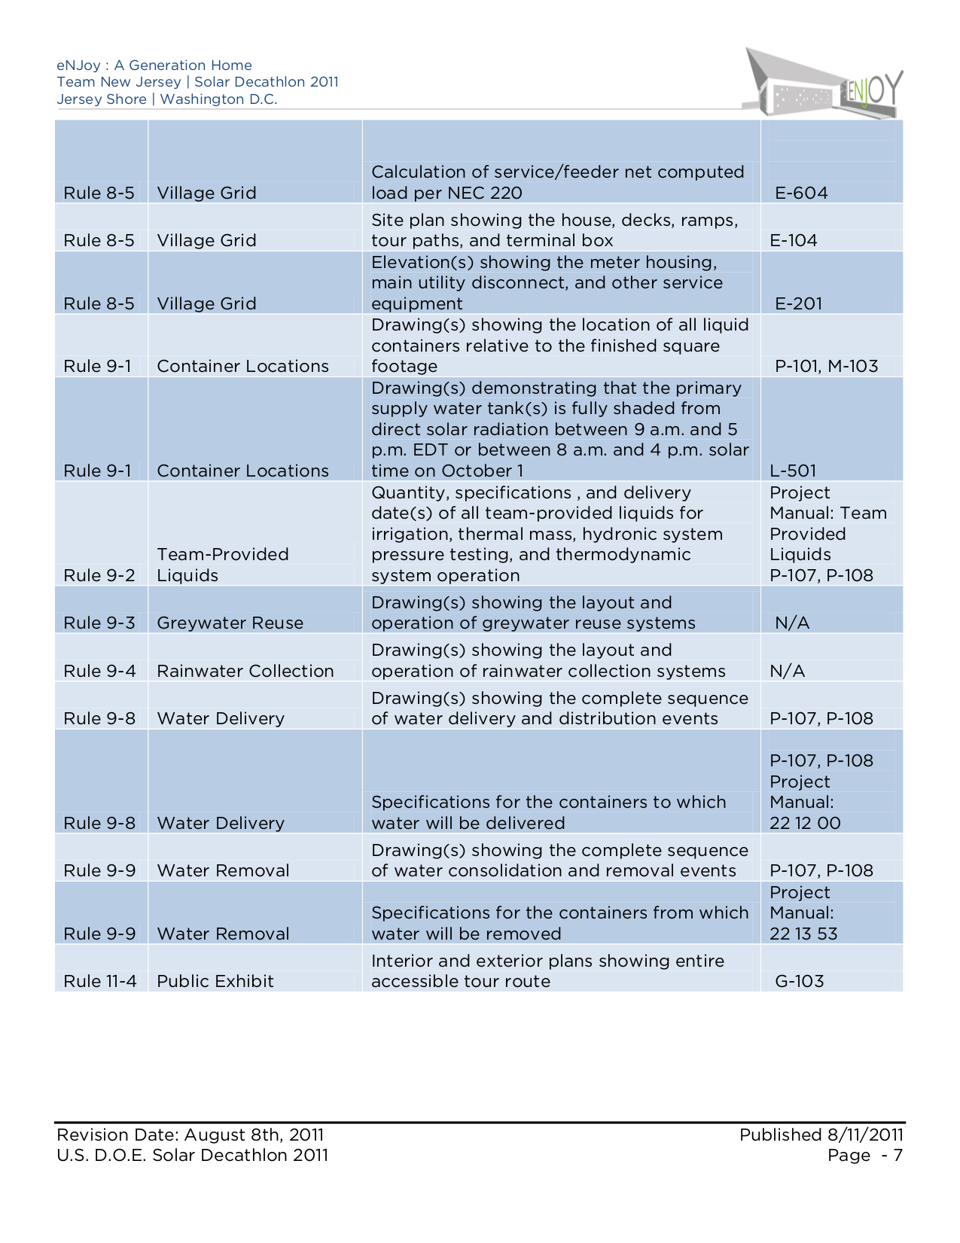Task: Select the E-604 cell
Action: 801,193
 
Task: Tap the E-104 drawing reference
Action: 794,240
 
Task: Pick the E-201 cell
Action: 798,303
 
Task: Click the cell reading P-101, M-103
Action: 826,366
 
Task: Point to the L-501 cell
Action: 793,471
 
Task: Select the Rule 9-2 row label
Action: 99,575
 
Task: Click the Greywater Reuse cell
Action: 230,623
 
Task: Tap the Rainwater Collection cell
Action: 245,671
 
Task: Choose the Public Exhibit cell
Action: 215,981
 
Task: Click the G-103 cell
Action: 799,981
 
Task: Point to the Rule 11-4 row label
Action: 100,981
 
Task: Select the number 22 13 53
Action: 803,934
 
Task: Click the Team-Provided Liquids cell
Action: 223,565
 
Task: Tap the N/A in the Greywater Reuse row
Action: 792,623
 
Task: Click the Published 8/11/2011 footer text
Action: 821,1135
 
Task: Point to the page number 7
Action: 897,1156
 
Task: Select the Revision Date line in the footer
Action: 190,1135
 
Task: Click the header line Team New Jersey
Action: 197,82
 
